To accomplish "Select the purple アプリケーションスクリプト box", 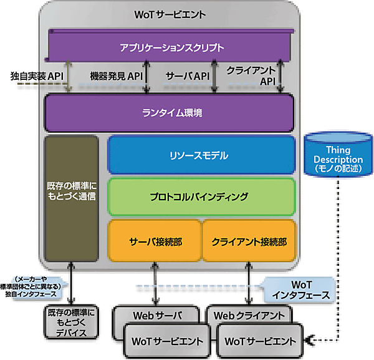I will point(171,47).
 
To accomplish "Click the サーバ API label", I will point(186,77).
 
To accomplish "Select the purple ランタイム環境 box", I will point(169,114).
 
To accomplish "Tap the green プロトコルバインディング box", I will point(201,197).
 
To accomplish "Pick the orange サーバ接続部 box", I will point(155,241).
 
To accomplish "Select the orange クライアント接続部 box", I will point(248,241).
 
